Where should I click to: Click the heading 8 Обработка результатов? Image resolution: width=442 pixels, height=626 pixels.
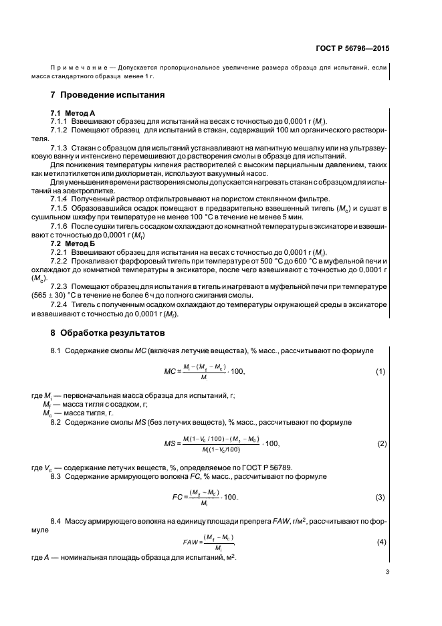click(x=111, y=332)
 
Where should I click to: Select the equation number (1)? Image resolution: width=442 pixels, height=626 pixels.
click(x=380, y=371)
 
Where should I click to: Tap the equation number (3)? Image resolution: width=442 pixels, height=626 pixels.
click(x=380, y=498)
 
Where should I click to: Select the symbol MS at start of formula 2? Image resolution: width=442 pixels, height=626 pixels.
click(x=170, y=443)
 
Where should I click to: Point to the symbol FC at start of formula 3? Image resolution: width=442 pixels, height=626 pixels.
click(x=178, y=498)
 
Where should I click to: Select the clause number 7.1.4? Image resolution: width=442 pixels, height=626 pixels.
click(x=62, y=199)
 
